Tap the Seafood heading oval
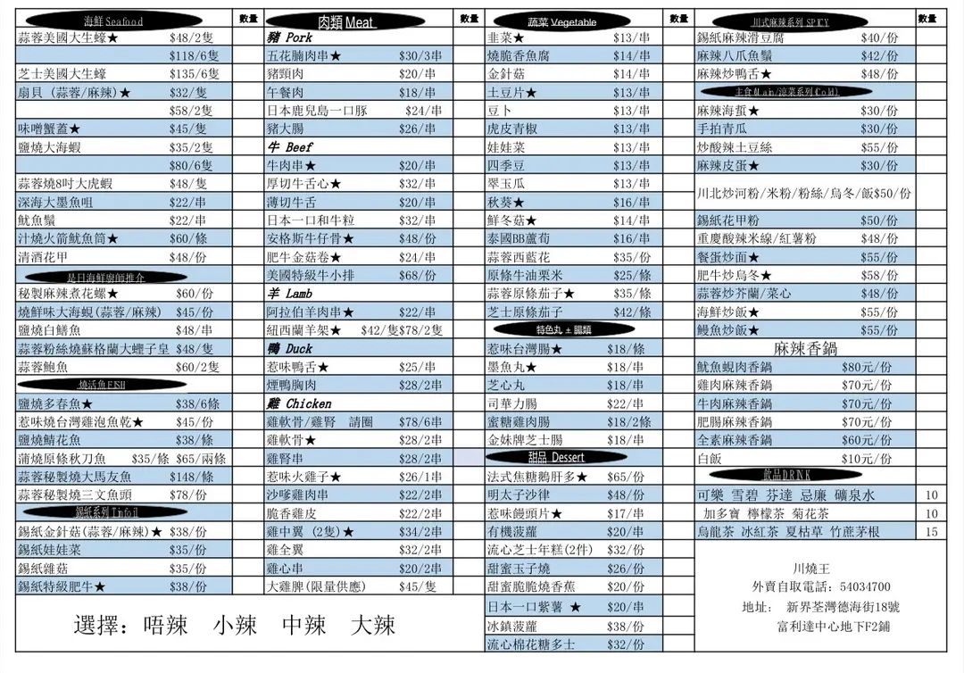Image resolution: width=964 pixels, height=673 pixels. click(x=113, y=21)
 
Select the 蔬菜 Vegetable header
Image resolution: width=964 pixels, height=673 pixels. click(x=561, y=21)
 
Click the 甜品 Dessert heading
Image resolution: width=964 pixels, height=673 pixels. click(x=561, y=457)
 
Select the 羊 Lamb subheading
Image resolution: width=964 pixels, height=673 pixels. click(x=289, y=294)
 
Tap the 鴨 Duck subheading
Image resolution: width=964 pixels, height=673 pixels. click(x=288, y=349)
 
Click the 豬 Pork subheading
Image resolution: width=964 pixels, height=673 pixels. click(x=289, y=38)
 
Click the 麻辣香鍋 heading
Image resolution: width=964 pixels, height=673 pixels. click(x=805, y=348)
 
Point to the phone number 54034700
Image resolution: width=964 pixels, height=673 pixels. click(x=865, y=586)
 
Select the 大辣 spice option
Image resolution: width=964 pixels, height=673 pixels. click(x=373, y=625)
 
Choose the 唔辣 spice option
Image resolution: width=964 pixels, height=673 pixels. click(x=165, y=625)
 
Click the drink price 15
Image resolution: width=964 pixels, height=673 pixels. click(x=932, y=532)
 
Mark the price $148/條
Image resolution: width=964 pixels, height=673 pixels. click(x=195, y=477)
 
